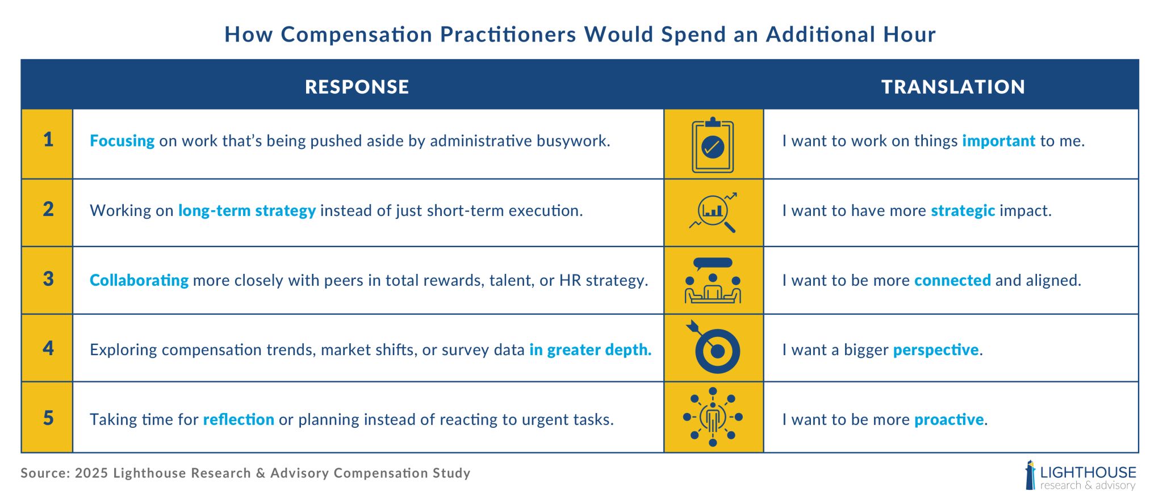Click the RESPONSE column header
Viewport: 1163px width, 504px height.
click(357, 86)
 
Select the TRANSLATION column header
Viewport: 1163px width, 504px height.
click(953, 86)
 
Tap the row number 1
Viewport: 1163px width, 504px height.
click(48, 140)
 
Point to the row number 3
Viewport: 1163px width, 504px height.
click(48, 279)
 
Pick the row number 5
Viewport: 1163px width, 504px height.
click(48, 418)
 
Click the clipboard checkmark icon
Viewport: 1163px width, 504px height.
click(713, 145)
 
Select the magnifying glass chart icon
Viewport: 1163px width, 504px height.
click(713, 213)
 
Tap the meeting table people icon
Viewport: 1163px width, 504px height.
click(713, 280)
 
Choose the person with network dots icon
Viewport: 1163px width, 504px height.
click(713, 417)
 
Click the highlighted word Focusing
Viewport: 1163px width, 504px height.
click(122, 141)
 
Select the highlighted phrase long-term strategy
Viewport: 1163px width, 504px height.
click(247, 211)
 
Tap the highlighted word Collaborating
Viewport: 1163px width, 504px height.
click(139, 280)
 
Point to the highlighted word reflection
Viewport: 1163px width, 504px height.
click(239, 419)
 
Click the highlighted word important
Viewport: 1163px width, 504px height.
click(999, 141)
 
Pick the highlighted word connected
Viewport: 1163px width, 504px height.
click(952, 280)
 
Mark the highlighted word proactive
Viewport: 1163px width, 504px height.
click(949, 420)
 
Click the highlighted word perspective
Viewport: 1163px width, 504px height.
click(936, 350)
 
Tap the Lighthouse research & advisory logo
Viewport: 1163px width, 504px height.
click(1080, 476)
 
